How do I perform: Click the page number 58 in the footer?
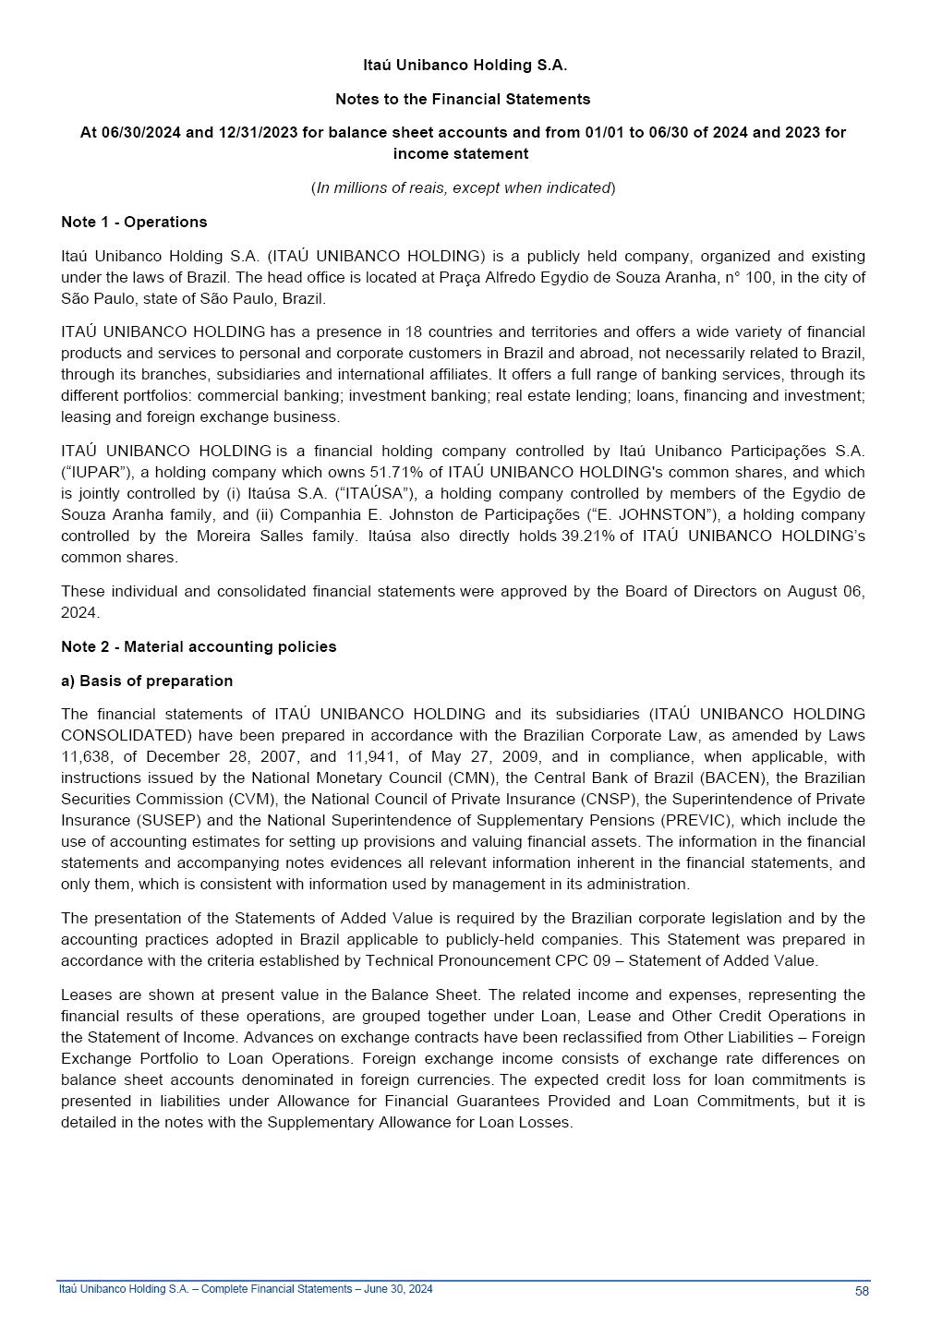861,1291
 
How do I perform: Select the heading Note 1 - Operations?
134,222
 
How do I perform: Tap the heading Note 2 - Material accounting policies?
199,646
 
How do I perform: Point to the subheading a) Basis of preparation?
147,681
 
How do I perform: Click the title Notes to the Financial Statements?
463,99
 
